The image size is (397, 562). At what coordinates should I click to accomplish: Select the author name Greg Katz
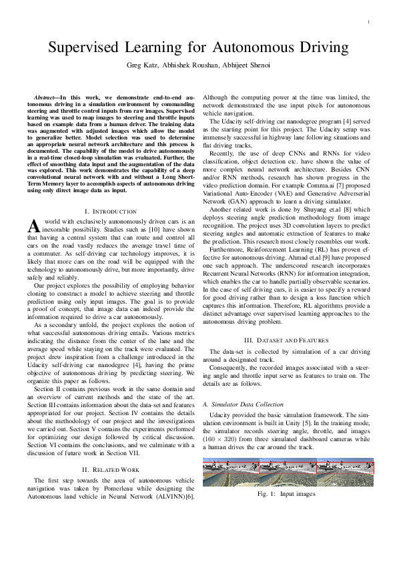click(x=141, y=65)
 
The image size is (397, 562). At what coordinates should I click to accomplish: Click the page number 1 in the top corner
click(x=368, y=23)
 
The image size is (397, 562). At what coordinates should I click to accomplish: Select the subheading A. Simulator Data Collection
click(x=242, y=404)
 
